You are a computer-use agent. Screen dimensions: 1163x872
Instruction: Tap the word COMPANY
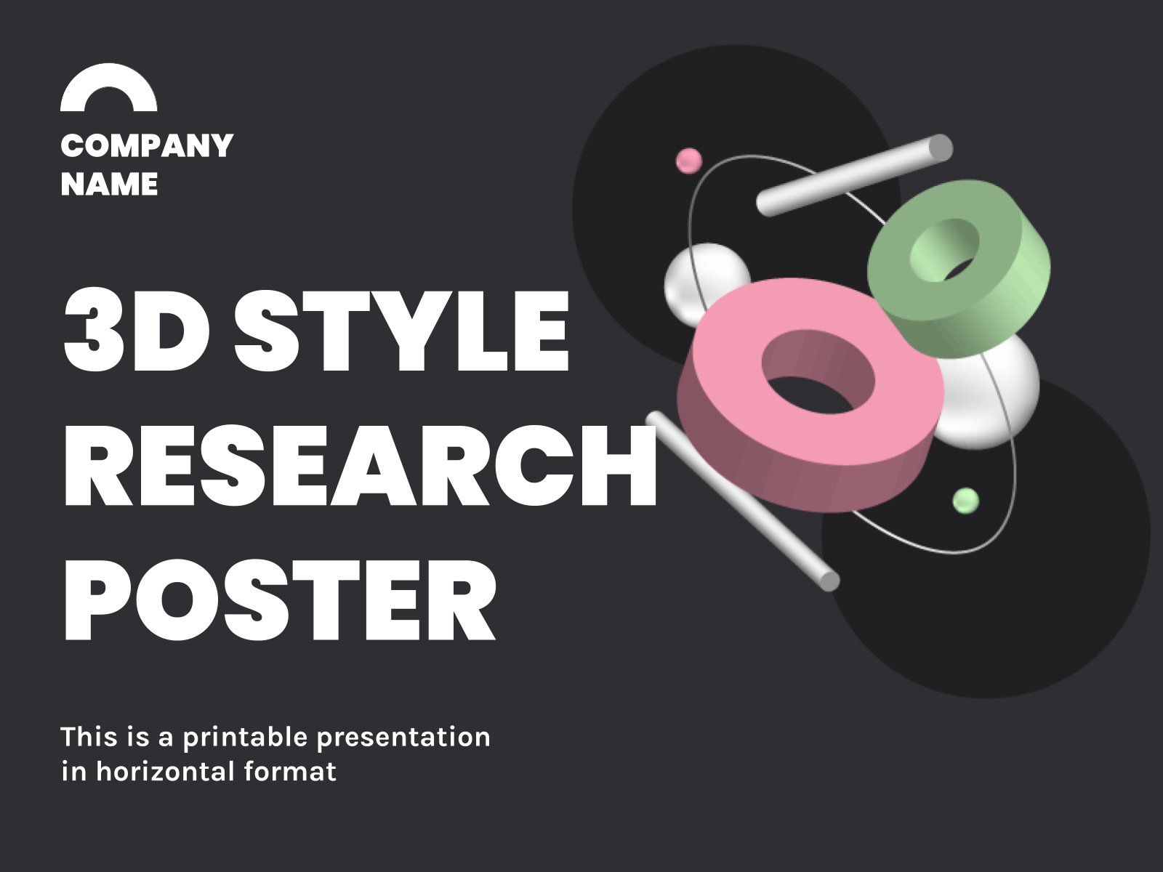click(147, 145)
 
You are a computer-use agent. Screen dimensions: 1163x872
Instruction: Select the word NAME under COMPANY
click(109, 184)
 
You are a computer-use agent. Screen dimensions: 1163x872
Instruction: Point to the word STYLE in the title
click(402, 331)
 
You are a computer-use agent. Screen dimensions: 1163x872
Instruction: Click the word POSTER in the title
click(281, 602)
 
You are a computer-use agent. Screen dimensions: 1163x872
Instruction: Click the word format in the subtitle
click(290, 772)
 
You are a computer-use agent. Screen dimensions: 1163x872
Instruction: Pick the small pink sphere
click(689, 161)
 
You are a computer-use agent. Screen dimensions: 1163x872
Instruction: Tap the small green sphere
click(965, 501)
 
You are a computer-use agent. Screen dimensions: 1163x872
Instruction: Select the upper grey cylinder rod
click(855, 175)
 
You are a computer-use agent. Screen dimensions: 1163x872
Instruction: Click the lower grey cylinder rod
click(743, 501)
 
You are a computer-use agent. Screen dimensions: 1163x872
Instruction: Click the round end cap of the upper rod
click(941, 148)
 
